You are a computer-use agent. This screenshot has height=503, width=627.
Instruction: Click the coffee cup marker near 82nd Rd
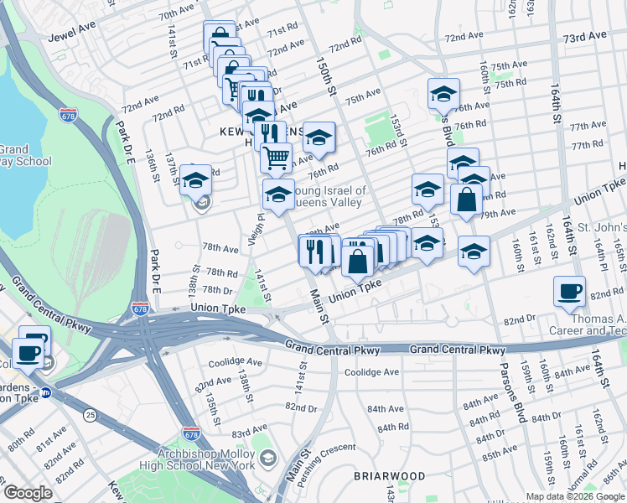[x=570, y=292]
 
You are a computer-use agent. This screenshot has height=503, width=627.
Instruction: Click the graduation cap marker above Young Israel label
[x=278, y=195]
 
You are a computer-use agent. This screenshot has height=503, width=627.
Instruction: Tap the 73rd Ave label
[x=584, y=38]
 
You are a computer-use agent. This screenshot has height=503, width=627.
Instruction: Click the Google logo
[x=28, y=492]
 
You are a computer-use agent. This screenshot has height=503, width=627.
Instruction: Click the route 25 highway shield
[x=88, y=412]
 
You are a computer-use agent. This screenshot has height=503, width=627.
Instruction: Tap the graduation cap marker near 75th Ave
[x=443, y=95]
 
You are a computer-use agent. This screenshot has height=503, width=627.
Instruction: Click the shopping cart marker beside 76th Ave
[x=276, y=157]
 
